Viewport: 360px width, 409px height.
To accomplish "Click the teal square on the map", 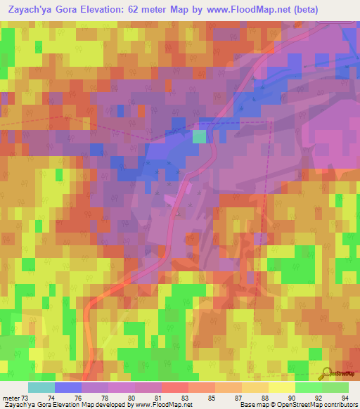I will [199, 136].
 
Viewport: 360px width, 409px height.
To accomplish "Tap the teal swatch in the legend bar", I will [41, 387].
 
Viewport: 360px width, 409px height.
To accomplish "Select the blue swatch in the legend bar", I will [67, 387].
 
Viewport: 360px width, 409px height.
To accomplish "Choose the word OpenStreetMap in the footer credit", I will [295, 405].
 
